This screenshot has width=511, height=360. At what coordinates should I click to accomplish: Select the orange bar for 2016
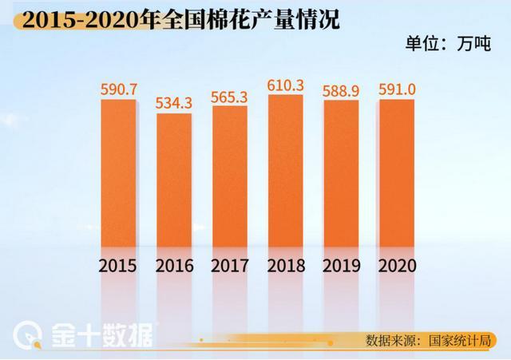click(174, 181)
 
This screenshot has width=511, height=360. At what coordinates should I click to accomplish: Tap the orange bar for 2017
click(230, 177)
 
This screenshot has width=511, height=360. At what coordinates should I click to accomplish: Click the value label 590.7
click(119, 87)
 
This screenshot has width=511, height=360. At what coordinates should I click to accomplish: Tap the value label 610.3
click(286, 82)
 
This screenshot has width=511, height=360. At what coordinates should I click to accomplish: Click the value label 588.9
click(341, 88)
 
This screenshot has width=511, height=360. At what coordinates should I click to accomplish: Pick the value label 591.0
click(396, 87)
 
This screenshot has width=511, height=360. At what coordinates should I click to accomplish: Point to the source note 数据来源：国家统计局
click(430, 340)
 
